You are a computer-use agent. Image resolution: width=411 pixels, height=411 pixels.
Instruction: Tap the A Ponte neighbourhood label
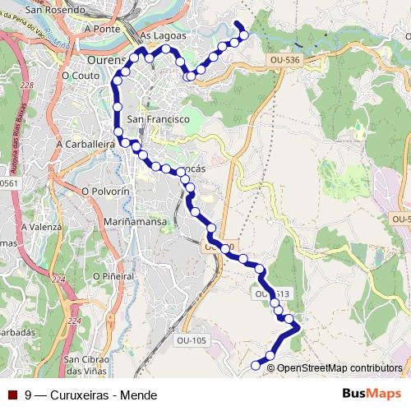pos(102,27)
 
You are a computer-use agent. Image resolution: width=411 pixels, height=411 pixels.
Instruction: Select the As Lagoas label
pos(164,36)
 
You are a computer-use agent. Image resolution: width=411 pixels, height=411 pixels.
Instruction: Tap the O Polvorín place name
pos(107,190)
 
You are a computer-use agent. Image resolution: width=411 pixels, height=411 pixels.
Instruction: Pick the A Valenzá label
pos(40,225)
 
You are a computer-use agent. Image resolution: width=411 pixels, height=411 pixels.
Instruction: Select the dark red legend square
pos(12,394)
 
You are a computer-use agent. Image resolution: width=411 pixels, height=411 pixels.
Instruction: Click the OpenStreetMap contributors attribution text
pos(339,367)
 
